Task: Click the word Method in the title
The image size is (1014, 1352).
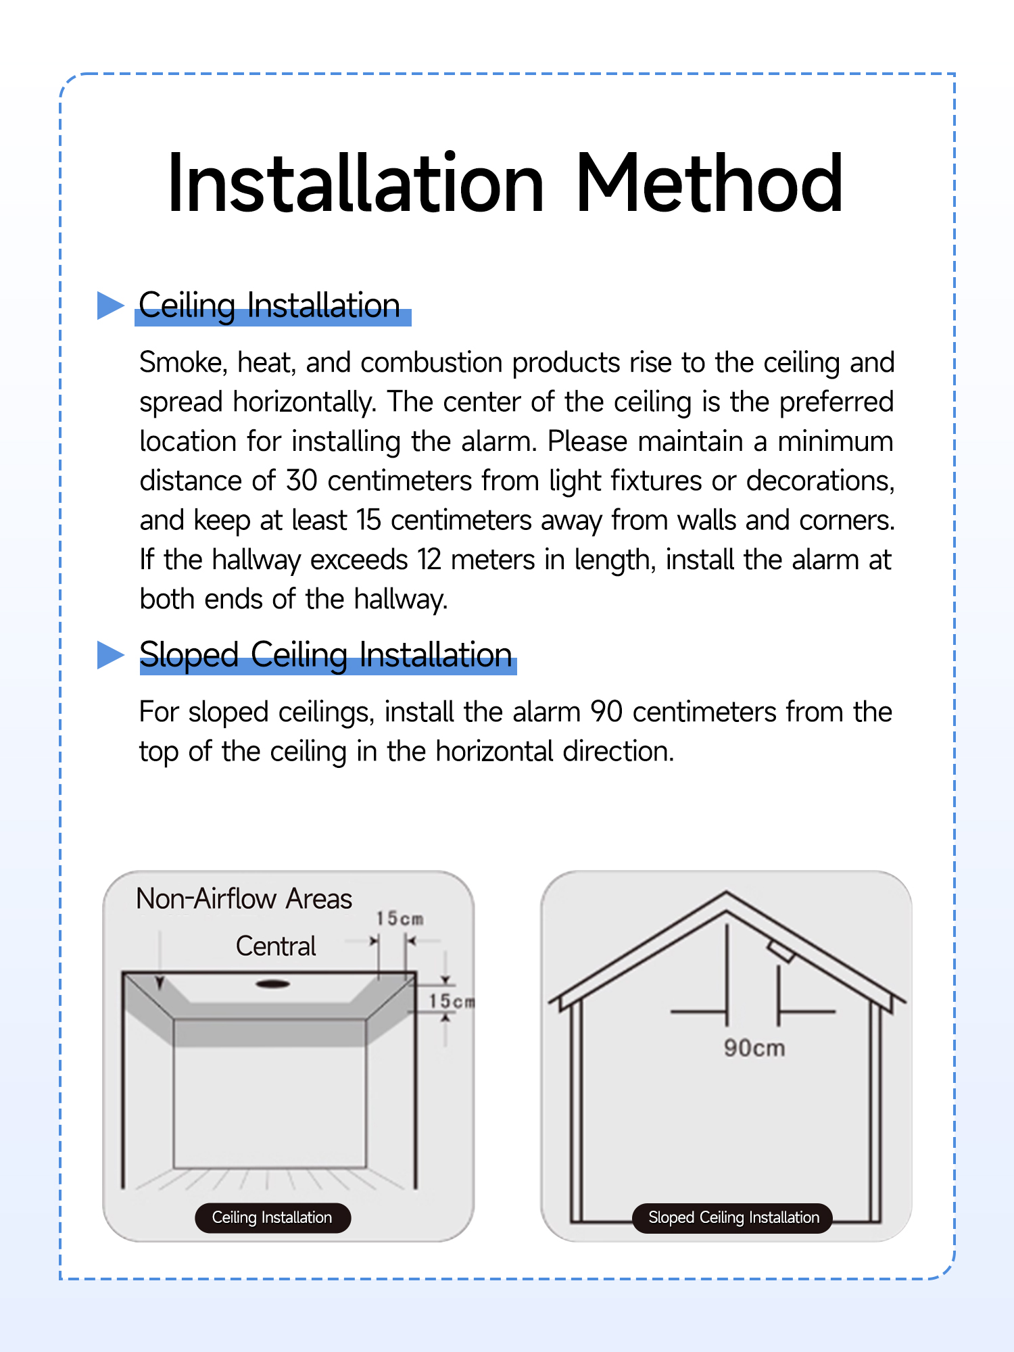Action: click(709, 184)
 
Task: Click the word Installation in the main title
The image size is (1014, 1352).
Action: click(356, 184)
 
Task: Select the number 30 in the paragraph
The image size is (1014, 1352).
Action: click(301, 481)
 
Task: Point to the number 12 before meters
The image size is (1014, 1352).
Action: click(429, 560)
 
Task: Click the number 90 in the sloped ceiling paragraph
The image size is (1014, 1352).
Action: click(606, 712)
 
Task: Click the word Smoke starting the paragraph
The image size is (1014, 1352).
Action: click(183, 363)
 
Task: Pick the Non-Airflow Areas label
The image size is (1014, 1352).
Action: click(244, 899)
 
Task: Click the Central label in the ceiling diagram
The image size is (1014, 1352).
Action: click(276, 946)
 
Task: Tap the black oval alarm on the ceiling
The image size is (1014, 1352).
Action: click(273, 984)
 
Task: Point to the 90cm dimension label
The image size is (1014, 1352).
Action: click(754, 1048)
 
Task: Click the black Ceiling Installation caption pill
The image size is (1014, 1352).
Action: click(272, 1217)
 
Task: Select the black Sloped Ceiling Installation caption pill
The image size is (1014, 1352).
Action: click(733, 1217)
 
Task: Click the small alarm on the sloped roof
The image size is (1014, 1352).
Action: click(781, 950)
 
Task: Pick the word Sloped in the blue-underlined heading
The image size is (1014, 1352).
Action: click(189, 654)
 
